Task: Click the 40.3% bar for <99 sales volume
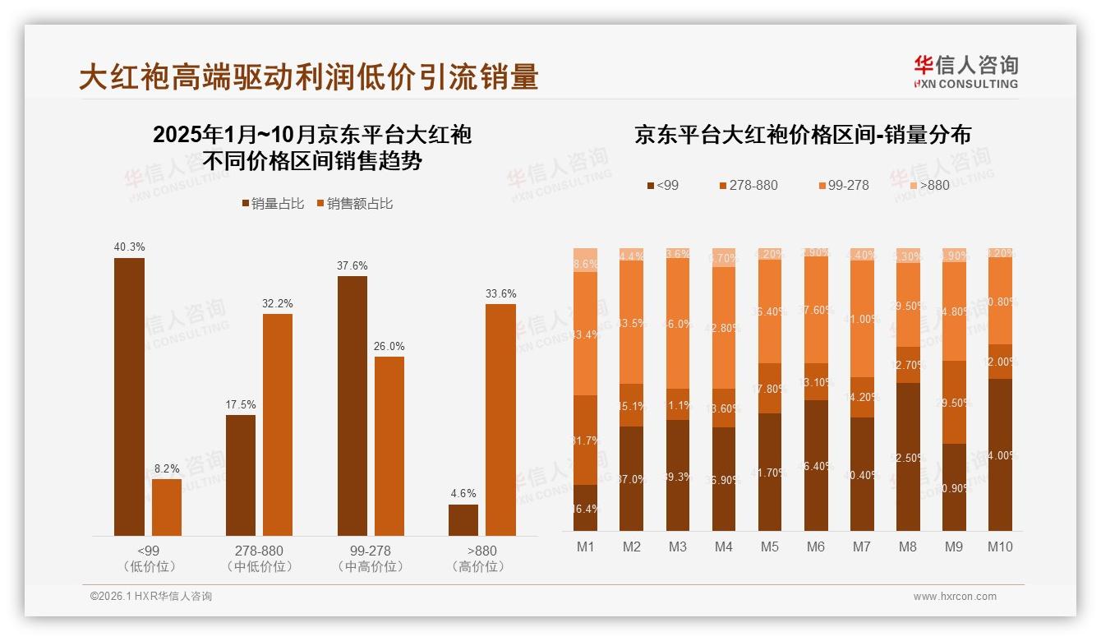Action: click(x=129, y=397)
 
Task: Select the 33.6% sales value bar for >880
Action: click(x=500, y=420)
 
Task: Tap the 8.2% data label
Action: click(x=167, y=468)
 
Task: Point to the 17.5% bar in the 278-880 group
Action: click(x=241, y=475)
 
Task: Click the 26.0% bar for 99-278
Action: click(x=389, y=445)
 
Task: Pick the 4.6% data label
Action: click(x=463, y=494)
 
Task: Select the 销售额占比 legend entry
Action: click(x=355, y=204)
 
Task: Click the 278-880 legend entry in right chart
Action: click(x=748, y=186)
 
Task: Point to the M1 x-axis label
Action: click(x=585, y=547)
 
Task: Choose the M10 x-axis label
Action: click(x=1000, y=547)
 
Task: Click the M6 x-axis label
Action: click(x=816, y=547)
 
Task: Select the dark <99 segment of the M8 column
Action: click(x=908, y=457)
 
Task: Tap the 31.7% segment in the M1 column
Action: click(x=585, y=440)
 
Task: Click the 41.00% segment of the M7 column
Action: click(x=862, y=319)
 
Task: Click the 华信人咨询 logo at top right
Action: click(x=965, y=71)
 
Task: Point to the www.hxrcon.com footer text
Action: click(x=955, y=597)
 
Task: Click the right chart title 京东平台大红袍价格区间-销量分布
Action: click(x=802, y=135)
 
